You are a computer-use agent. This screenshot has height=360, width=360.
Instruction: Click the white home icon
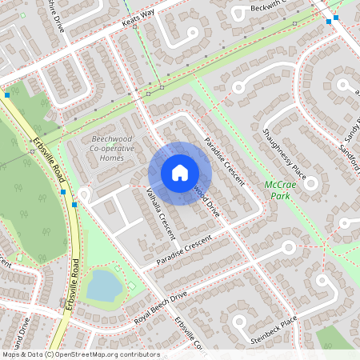click(x=180, y=173)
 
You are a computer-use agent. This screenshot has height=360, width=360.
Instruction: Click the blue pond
click(x=102, y=285)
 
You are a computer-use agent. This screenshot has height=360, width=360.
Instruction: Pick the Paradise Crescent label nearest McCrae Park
click(x=223, y=162)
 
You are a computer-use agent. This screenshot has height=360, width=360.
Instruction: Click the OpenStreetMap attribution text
click(x=81, y=354)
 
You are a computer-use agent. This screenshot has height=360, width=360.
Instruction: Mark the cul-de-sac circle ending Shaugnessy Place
click(x=310, y=183)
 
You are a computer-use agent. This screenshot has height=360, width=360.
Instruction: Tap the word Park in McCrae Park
click(x=278, y=195)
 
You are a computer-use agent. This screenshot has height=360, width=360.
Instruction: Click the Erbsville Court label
click(x=189, y=333)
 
